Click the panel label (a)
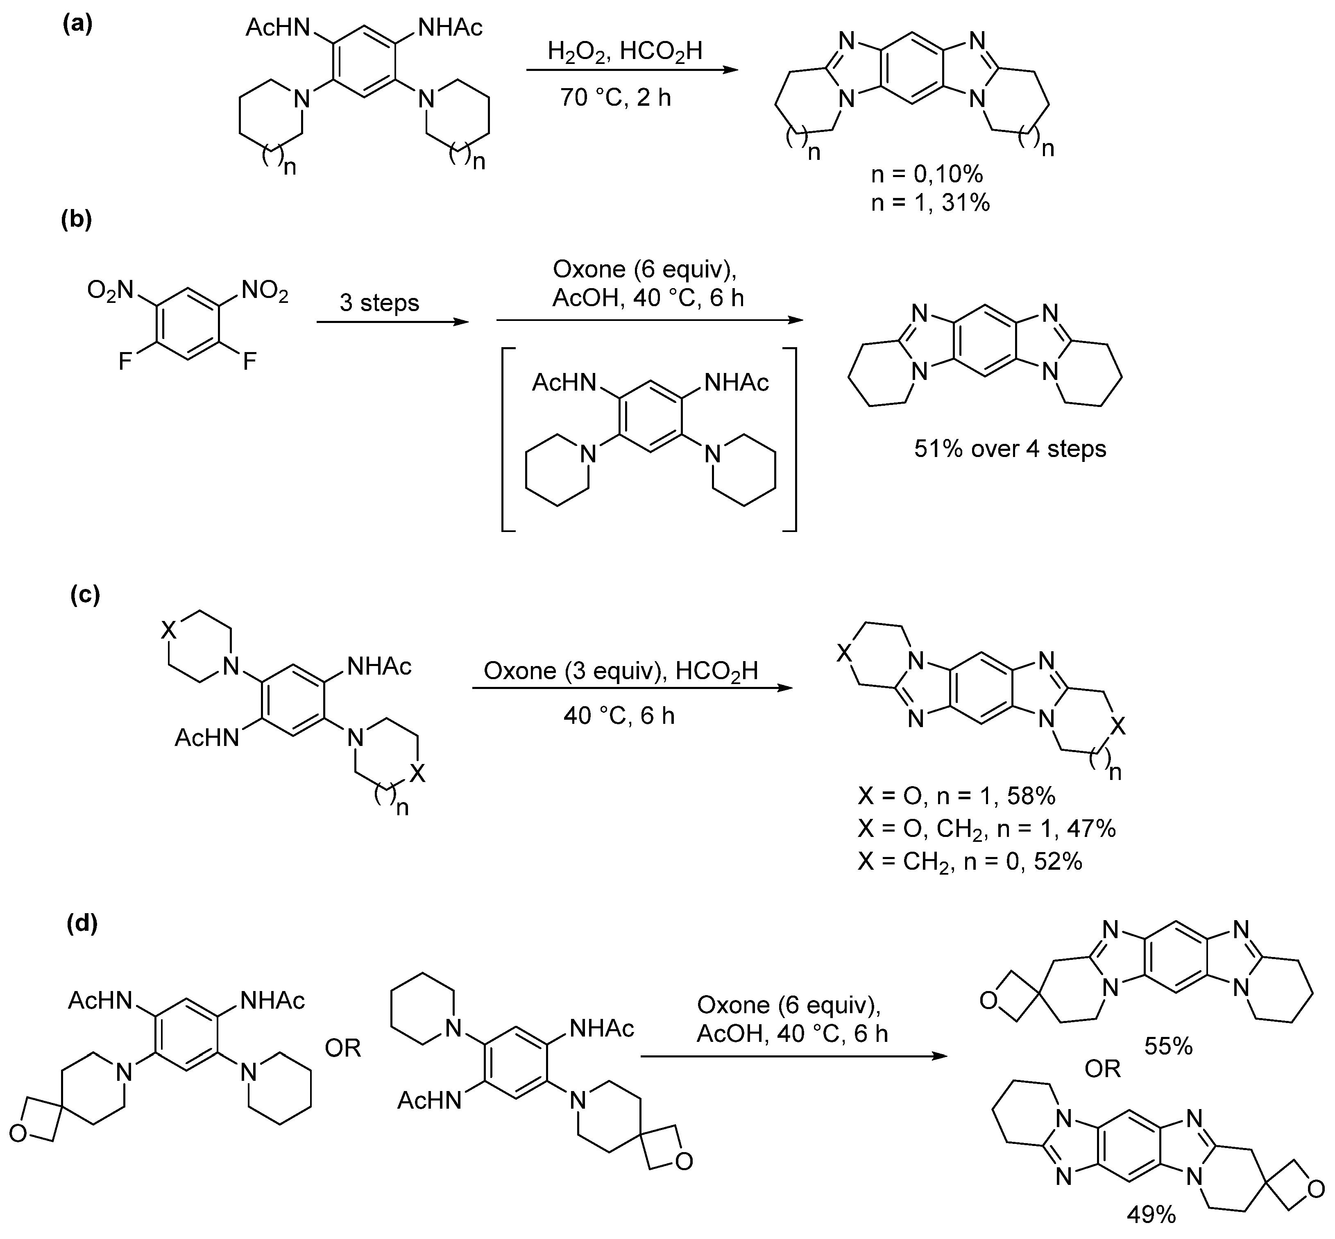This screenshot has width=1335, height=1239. click(x=77, y=25)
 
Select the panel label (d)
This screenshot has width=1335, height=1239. click(x=82, y=924)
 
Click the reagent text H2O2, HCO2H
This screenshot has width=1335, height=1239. click(x=625, y=51)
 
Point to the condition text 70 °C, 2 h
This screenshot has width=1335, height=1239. click(x=615, y=98)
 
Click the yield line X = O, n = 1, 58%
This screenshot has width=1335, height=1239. click(x=956, y=796)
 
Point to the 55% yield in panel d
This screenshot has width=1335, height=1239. click(x=1168, y=1046)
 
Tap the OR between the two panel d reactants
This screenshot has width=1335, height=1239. click(x=343, y=1048)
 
